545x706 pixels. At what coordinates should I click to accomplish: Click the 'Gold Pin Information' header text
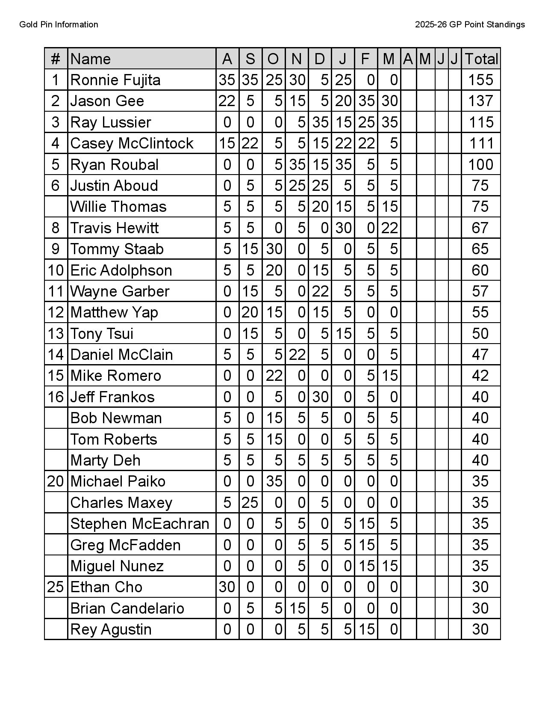click(x=59, y=25)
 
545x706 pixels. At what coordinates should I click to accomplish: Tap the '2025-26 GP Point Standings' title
click(x=470, y=25)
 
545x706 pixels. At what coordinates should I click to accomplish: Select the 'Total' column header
click(x=481, y=59)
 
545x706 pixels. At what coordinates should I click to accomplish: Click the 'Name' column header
click(x=91, y=59)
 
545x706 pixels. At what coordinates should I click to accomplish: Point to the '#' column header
click(x=56, y=59)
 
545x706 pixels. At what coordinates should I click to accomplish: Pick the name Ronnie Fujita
click(x=115, y=80)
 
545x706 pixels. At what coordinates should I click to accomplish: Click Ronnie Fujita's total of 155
click(x=480, y=80)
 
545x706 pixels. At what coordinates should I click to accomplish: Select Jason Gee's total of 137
click(x=480, y=101)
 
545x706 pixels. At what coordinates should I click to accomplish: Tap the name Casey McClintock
click(x=132, y=143)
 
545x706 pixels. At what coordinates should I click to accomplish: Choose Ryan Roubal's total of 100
click(x=480, y=165)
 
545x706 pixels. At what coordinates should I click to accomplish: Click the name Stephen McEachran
click(x=140, y=524)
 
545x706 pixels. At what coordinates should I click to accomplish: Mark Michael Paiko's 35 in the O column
click(x=274, y=481)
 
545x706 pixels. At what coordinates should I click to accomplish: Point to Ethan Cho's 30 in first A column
click(x=227, y=587)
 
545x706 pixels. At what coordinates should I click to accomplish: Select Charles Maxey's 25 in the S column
click(x=250, y=503)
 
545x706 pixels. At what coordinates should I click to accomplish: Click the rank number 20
click(x=56, y=481)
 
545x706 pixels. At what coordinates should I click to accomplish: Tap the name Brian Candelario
click(x=127, y=608)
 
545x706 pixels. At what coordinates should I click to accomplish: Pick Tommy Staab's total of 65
click(x=480, y=249)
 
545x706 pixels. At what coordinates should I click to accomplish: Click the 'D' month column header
click(x=319, y=59)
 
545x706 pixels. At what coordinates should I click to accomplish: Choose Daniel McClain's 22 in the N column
click(x=297, y=355)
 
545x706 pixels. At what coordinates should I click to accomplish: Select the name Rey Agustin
click(x=111, y=629)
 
